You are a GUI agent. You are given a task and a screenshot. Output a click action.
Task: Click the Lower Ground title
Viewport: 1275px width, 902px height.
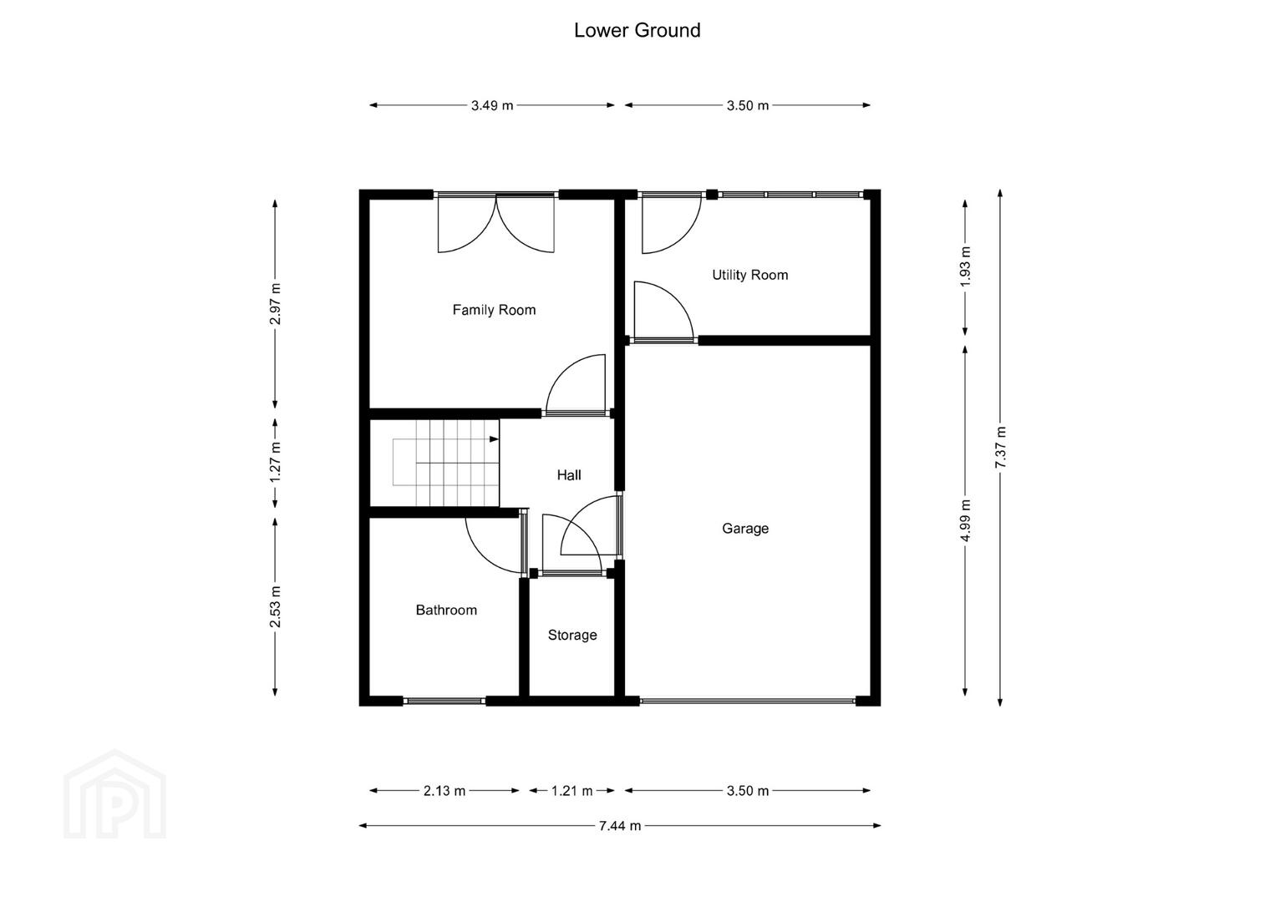pos(637,30)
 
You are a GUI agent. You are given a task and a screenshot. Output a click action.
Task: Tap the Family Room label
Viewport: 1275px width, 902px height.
pos(494,310)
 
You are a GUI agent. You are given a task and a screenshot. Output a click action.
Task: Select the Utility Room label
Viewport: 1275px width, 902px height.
pos(749,275)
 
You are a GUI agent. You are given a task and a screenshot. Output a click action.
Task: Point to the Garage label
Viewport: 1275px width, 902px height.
pos(745,529)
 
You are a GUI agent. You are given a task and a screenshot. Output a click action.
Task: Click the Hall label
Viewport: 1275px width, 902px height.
pos(569,475)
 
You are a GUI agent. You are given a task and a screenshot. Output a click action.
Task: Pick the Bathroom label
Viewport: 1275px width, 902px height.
pos(446,610)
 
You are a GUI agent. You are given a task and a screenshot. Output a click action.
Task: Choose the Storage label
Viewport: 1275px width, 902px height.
pos(572,635)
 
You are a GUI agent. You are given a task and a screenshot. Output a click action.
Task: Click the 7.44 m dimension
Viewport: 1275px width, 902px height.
pos(620,826)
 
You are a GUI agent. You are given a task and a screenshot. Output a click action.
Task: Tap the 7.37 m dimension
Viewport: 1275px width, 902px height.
pos(1000,448)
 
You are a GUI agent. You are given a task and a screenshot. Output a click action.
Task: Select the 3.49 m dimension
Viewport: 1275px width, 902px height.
pos(492,105)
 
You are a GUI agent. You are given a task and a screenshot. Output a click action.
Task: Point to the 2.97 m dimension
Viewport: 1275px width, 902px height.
pos(275,304)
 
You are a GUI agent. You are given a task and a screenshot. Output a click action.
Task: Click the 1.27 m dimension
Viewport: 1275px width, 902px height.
pos(275,462)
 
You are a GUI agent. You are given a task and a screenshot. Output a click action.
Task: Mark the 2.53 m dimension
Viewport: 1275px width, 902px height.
pos(275,606)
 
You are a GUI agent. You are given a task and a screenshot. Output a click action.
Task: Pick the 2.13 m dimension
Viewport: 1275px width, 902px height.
pos(444,790)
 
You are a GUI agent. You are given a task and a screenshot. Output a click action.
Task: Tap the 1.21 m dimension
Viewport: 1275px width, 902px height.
pos(572,790)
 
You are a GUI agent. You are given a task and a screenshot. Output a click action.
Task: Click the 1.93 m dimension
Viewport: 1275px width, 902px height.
pos(965,267)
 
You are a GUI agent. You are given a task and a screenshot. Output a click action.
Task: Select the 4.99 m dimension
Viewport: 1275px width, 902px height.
pos(965,520)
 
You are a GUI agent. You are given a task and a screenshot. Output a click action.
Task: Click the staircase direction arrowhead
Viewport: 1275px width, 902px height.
pos(494,439)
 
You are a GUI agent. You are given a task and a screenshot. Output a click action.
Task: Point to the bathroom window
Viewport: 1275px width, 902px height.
pos(444,701)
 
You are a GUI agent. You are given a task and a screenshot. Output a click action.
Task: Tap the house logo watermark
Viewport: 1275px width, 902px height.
pos(114,794)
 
